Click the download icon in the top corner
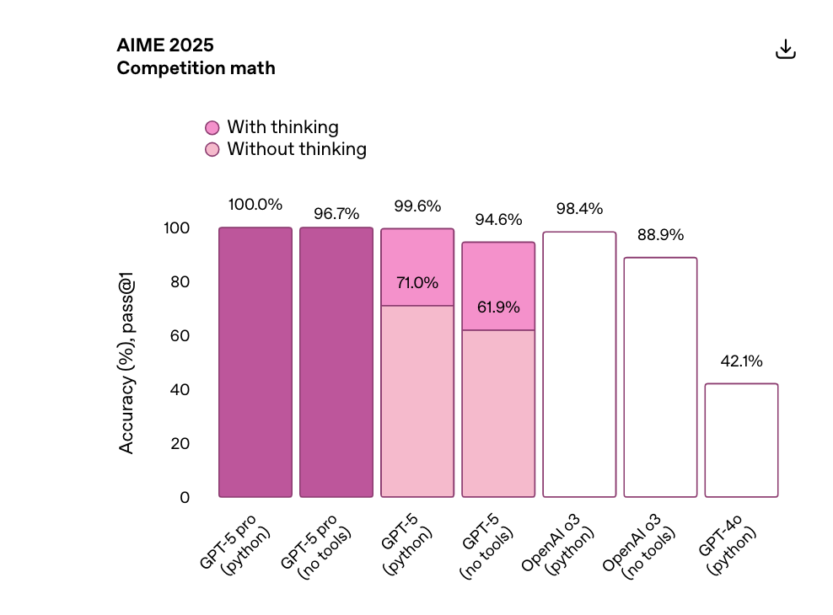coord(785,50)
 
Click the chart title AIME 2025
coord(165,45)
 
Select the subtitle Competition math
coord(196,68)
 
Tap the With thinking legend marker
coord(212,128)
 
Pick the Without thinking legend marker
coord(212,150)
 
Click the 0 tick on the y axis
coord(185,498)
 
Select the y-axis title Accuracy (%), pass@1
coord(126,367)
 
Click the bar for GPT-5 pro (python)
coord(255,362)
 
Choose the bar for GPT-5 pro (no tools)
coord(336,362)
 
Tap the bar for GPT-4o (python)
coord(741,440)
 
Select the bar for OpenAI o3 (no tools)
coord(660,377)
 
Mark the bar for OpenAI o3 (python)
coord(579,364)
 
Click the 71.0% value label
coord(416,283)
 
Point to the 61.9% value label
coord(497,307)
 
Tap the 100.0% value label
coord(255,205)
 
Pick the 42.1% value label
coord(741,361)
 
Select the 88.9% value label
coord(660,235)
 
